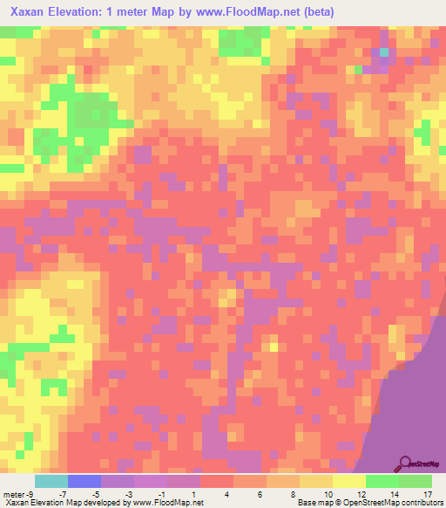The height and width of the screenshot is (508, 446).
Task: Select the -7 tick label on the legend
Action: click(x=64, y=495)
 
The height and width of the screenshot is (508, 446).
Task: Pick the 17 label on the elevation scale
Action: click(x=427, y=495)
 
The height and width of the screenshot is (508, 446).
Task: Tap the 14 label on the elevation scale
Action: click(x=394, y=495)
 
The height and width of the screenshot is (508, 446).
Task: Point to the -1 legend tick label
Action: click(x=162, y=495)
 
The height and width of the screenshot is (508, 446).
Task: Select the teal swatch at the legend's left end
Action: click(x=51, y=481)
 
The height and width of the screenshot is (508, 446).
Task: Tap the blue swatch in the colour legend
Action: click(x=84, y=481)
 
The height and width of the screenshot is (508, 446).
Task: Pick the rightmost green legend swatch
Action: click(x=415, y=481)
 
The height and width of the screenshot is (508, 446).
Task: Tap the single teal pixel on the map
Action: click(x=384, y=52)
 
